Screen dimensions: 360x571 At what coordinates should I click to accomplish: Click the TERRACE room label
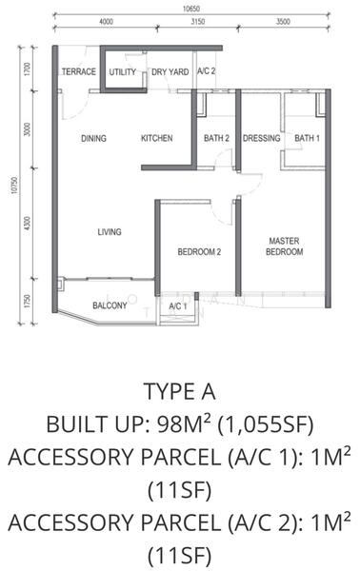(x=79, y=71)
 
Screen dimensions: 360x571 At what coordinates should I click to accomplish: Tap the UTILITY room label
(x=123, y=72)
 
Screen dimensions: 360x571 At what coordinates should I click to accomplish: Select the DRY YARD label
(x=170, y=72)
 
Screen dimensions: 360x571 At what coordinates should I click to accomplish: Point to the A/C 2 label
(x=207, y=71)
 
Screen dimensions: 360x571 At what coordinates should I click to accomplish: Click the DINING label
(x=93, y=138)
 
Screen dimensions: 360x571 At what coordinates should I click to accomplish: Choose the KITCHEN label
(x=157, y=138)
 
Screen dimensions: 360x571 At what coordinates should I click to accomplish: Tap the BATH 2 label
(x=216, y=138)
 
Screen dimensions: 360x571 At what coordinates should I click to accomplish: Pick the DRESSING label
(x=262, y=138)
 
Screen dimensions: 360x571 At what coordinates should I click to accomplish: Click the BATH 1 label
(x=308, y=138)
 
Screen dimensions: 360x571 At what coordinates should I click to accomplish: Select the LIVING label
(x=110, y=232)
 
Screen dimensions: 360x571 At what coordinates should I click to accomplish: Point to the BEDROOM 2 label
(x=199, y=252)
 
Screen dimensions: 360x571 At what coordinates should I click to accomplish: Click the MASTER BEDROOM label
(x=284, y=246)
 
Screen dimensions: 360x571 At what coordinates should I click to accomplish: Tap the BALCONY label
(x=110, y=305)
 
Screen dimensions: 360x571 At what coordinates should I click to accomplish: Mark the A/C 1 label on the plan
(x=178, y=306)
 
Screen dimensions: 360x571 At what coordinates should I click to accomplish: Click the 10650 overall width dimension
(x=190, y=10)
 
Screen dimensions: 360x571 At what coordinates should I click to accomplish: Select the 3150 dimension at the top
(x=198, y=22)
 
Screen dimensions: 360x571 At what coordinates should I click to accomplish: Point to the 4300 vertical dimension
(x=27, y=224)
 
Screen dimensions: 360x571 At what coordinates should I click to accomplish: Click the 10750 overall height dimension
(x=14, y=186)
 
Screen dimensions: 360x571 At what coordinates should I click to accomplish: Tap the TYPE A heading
(x=180, y=392)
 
